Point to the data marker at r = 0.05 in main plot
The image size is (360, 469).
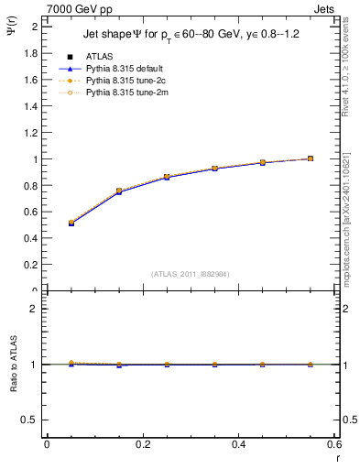coord(71,223)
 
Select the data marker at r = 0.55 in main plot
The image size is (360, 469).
coord(311,158)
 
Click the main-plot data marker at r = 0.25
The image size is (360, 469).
coord(167,177)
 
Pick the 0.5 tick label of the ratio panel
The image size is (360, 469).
coord(31,420)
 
